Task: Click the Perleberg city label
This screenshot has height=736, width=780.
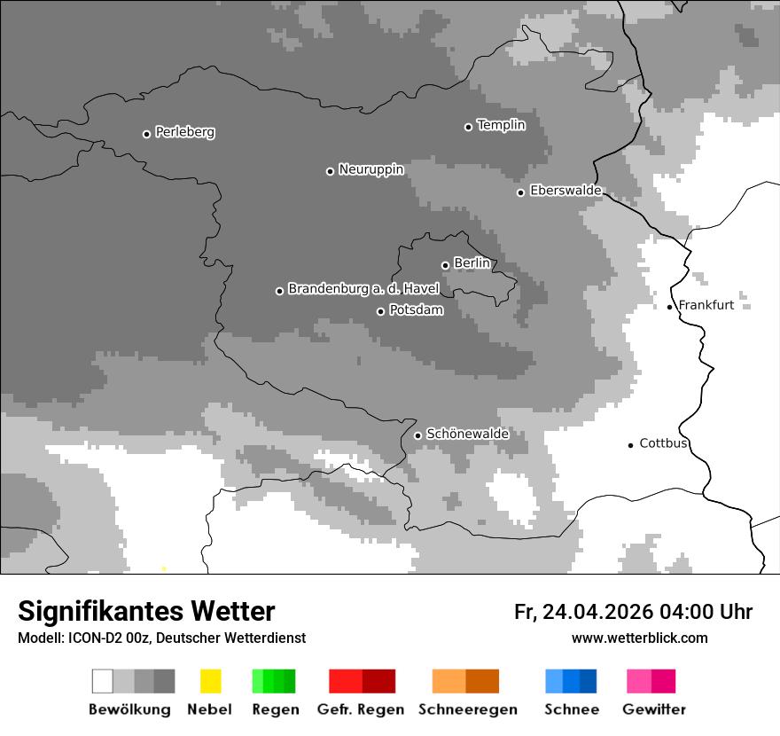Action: [184, 132]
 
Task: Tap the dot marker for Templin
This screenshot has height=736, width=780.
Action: [468, 127]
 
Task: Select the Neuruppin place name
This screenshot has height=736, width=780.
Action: [370, 169]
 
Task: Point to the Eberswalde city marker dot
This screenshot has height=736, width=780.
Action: [520, 192]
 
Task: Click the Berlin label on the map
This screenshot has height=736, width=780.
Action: [472, 263]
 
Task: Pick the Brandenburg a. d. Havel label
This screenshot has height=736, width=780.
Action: [363, 289]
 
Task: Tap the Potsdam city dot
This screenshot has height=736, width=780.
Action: [380, 311]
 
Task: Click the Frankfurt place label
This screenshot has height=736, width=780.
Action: [706, 305]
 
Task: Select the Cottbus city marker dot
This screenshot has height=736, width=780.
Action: [630, 445]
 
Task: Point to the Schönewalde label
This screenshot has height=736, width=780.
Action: [467, 434]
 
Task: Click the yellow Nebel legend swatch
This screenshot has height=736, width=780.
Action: [210, 681]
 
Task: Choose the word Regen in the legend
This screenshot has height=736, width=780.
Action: [275, 709]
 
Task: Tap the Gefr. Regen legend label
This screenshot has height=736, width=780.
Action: [361, 709]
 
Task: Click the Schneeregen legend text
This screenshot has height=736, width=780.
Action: [467, 709]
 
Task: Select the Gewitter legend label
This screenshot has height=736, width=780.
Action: [654, 709]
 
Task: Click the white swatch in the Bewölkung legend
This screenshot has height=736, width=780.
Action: [103, 681]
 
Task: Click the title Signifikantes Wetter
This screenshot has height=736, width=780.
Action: [146, 612]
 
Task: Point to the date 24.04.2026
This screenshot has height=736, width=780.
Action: [598, 612]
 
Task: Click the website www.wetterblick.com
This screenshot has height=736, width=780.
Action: [639, 638]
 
